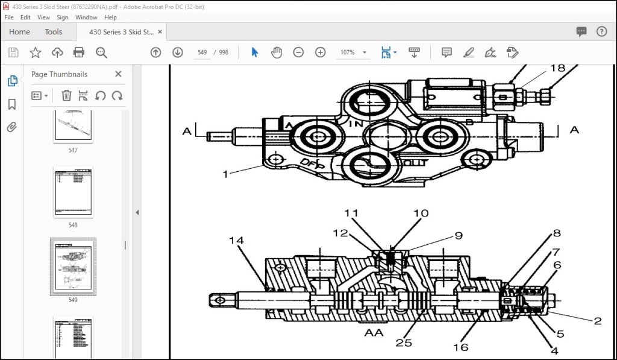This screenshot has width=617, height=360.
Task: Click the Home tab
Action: (x=19, y=32)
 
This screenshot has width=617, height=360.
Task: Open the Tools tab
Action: (x=54, y=32)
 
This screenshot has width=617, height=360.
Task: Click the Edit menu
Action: (x=25, y=17)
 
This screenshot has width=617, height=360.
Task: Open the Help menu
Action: (x=110, y=17)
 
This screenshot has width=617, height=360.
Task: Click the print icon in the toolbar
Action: (x=79, y=52)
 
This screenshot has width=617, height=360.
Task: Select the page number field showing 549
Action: (x=202, y=52)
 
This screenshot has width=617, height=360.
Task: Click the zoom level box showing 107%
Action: (x=348, y=52)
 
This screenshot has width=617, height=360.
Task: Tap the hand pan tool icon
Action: (x=277, y=52)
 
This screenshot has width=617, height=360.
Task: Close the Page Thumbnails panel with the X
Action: (x=118, y=74)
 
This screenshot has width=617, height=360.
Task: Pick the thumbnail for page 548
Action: (x=73, y=192)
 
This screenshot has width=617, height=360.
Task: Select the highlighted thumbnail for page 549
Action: (x=73, y=266)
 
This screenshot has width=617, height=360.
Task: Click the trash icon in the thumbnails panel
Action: (x=66, y=95)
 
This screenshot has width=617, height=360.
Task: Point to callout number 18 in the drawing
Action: (x=557, y=68)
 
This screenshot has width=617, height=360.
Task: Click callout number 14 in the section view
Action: (x=236, y=241)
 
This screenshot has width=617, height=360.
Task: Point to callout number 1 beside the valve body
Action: (x=225, y=174)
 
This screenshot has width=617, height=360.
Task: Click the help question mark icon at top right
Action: (x=601, y=32)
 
